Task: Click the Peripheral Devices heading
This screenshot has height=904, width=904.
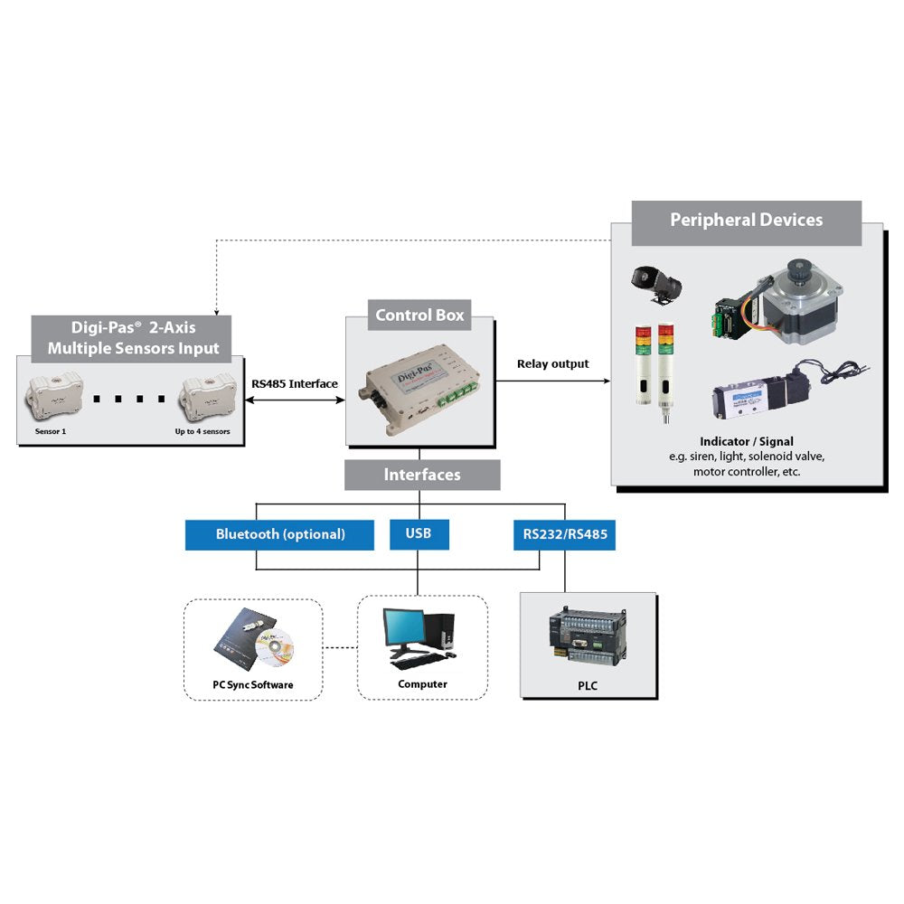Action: click(x=746, y=221)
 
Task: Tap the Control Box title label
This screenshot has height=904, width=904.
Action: click(x=419, y=315)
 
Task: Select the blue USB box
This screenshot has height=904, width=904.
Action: click(x=419, y=533)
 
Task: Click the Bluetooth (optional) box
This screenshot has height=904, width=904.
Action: click(x=279, y=534)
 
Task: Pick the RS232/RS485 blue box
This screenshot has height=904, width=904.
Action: click(x=564, y=534)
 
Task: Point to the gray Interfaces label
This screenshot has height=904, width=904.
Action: click(x=422, y=475)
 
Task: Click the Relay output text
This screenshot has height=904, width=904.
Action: click(x=552, y=364)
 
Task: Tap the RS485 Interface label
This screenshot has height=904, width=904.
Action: click(x=295, y=384)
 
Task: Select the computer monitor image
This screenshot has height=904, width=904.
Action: click(x=403, y=627)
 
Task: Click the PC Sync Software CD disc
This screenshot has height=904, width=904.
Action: click(x=275, y=645)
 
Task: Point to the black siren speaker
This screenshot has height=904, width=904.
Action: click(x=656, y=282)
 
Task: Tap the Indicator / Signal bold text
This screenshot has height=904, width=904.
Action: click(x=746, y=442)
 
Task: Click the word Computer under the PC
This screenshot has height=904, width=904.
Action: click(x=422, y=684)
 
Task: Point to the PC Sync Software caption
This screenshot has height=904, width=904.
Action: click(x=253, y=685)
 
